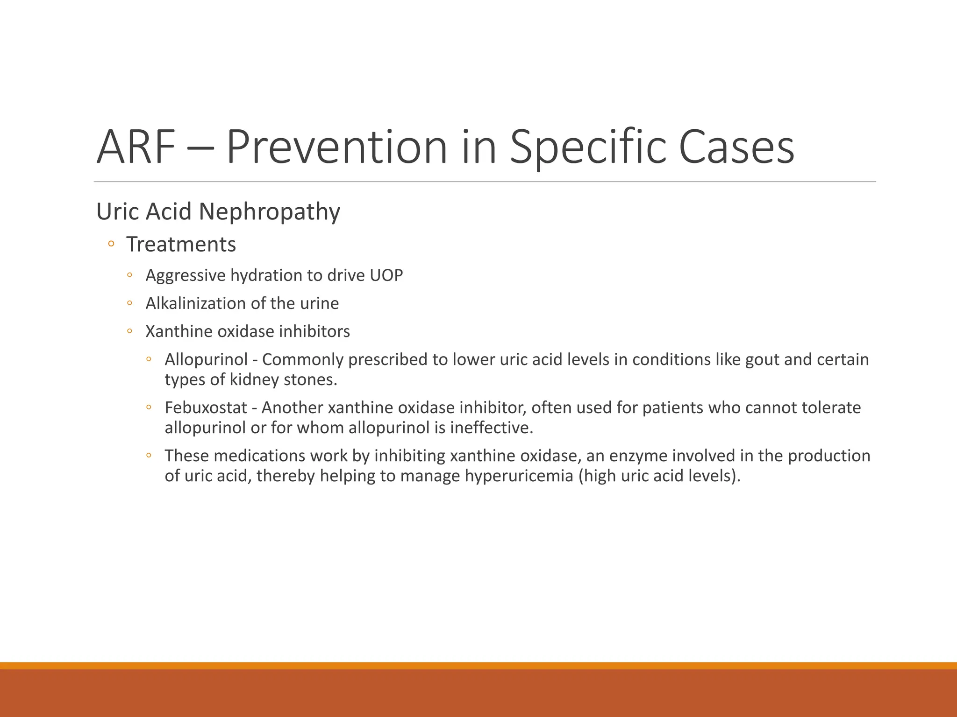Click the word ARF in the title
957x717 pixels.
pos(136,148)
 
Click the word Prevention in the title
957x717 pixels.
pos(336,148)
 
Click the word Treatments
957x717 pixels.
pos(181,245)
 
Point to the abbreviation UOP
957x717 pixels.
pos(386,275)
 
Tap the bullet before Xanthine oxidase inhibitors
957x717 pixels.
pos(129,331)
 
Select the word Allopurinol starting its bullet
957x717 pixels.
pos(206,359)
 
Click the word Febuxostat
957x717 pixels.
pos(206,408)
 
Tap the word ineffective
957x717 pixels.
pos(491,428)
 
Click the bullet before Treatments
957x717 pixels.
pos(111,244)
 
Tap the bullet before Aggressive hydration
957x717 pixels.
pos(129,275)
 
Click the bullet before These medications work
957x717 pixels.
pos(149,455)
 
